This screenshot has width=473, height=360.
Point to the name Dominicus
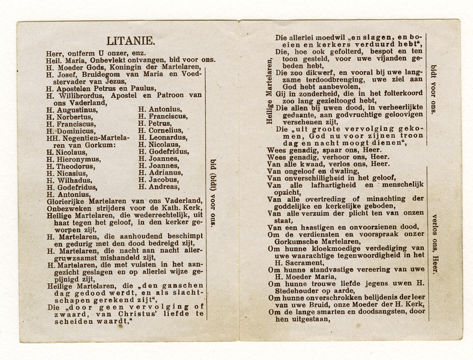(74, 131)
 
